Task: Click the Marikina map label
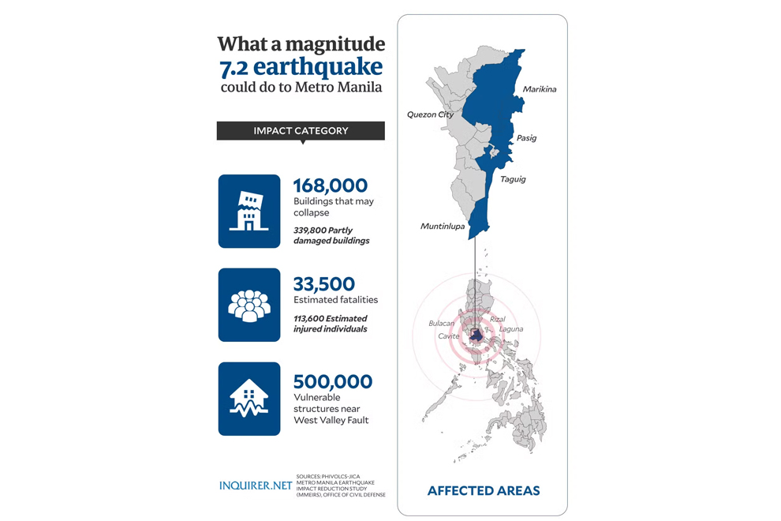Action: (x=539, y=89)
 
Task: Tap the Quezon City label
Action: (x=430, y=114)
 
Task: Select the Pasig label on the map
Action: (x=526, y=138)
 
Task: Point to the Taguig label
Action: (x=513, y=179)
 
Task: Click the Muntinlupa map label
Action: (x=442, y=227)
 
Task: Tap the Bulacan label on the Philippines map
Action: (x=442, y=324)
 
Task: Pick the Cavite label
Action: (x=449, y=336)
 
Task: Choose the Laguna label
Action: (x=510, y=328)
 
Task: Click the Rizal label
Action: (x=497, y=319)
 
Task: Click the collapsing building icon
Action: (x=249, y=211)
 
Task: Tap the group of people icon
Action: (x=249, y=305)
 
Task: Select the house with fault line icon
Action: (x=249, y=399)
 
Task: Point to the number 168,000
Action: (x=330, y=186)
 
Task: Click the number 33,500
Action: (x=323, y=283)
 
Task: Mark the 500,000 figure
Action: (x=332, y=382)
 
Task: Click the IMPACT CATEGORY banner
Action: (x=301, y=131)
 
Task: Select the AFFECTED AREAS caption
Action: (x=483, y=491)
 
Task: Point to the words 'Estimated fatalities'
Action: (x=335, y=300)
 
